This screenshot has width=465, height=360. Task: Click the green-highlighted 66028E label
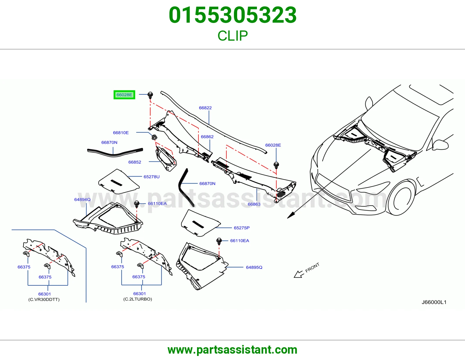124,95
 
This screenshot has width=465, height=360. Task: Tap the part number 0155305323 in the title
233,15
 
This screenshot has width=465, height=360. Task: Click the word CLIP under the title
233,36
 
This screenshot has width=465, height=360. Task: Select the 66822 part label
205,108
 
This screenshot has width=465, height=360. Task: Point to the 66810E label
121,133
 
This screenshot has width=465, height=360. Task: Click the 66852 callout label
135,162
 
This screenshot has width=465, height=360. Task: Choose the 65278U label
151,177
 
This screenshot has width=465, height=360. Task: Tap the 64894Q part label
82,199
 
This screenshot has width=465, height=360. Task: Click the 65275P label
242,228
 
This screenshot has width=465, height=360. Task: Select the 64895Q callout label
254,267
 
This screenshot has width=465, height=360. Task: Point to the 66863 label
254,204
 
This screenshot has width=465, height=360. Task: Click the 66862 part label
207,137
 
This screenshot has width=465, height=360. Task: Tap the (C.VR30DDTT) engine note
44,300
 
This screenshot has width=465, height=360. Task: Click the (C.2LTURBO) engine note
137,299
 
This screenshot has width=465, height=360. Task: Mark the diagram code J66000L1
434,302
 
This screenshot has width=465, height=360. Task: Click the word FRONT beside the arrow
312,268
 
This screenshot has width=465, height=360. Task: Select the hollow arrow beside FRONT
299,274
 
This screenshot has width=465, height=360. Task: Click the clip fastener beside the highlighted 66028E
150,95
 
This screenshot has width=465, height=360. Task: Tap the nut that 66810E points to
154,137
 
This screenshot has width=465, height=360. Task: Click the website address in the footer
233,350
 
